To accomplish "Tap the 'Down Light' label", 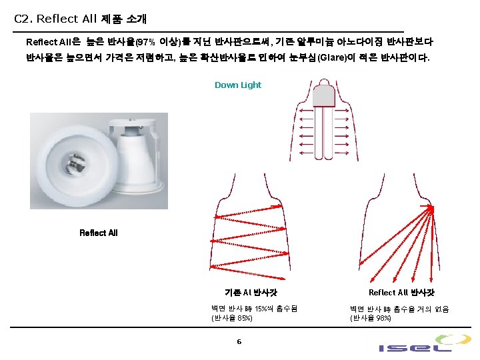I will click(238, 85).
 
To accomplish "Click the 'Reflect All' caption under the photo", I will click(98, 233).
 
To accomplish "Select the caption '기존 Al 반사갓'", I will click(251, 293).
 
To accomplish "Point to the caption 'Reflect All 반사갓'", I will click(401, 293).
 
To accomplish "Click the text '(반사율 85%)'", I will click(231, 318).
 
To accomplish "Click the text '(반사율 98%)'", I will click(371, 318).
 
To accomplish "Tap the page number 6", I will click(239, 342).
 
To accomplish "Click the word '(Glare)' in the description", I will click(332, 58).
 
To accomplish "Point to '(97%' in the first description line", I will click(145, 42).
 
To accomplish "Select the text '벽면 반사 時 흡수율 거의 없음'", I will click(399, 309).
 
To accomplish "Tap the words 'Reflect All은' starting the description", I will click(53, 42).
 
